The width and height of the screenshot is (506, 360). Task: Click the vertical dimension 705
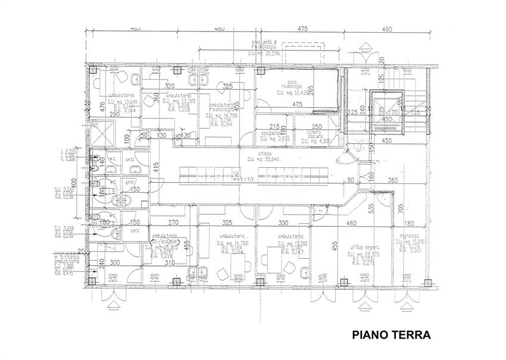tap(401, 208)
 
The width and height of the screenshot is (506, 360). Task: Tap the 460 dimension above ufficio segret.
tap(351, 223)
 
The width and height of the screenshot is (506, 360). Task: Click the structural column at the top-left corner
tap(93, 69)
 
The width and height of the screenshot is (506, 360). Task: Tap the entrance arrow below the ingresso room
tap(408, 306)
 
